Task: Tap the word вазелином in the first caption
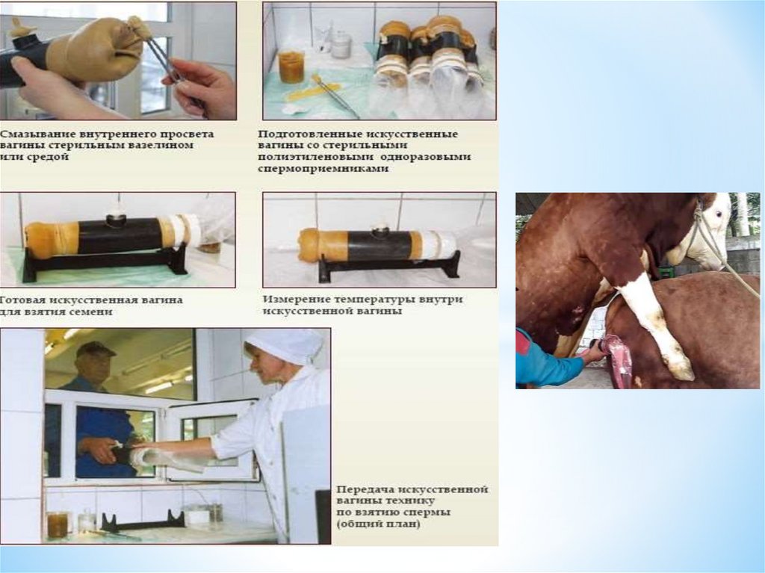coord(164,146)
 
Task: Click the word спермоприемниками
coord(323,169)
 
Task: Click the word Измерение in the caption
coord(292,299)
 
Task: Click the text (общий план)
coord(378,524)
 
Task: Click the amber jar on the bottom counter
coord(57,524)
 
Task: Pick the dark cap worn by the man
coord(96,348)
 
